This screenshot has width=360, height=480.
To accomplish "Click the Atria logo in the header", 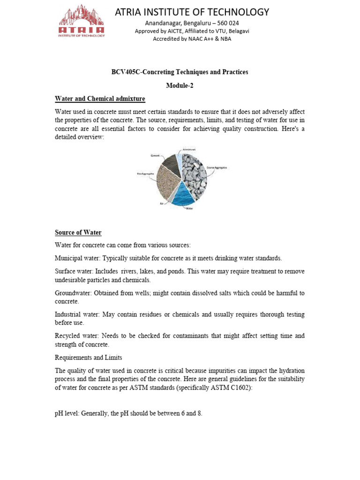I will point(82,21).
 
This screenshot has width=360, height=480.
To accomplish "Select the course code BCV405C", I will point(125,72).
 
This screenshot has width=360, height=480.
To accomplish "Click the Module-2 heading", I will point(180,85).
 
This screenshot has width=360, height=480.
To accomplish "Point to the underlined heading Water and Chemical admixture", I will point(100,98).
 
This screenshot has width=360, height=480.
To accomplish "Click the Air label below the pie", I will point(162,204).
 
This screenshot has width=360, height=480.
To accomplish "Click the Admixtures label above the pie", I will point(189,149).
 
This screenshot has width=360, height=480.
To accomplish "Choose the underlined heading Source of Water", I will point(78,232).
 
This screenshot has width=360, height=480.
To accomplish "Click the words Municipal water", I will point(77,258).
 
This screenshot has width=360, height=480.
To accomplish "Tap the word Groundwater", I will point(74,293).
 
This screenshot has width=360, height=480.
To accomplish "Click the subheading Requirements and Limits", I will point(88,358).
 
